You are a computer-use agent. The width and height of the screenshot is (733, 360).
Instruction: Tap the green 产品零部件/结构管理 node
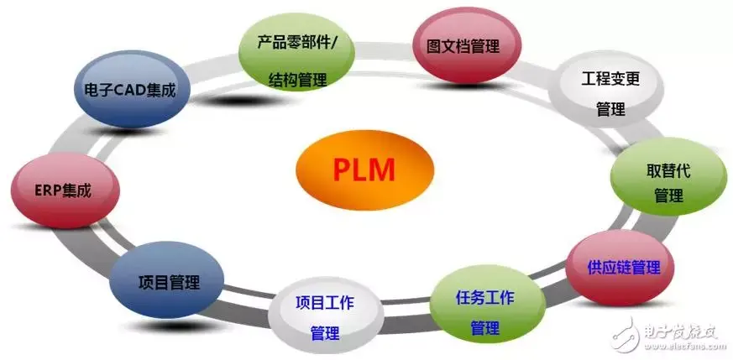[x=289, y=60]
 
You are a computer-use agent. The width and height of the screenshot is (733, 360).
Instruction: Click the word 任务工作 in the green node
[x=485, y=298]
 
